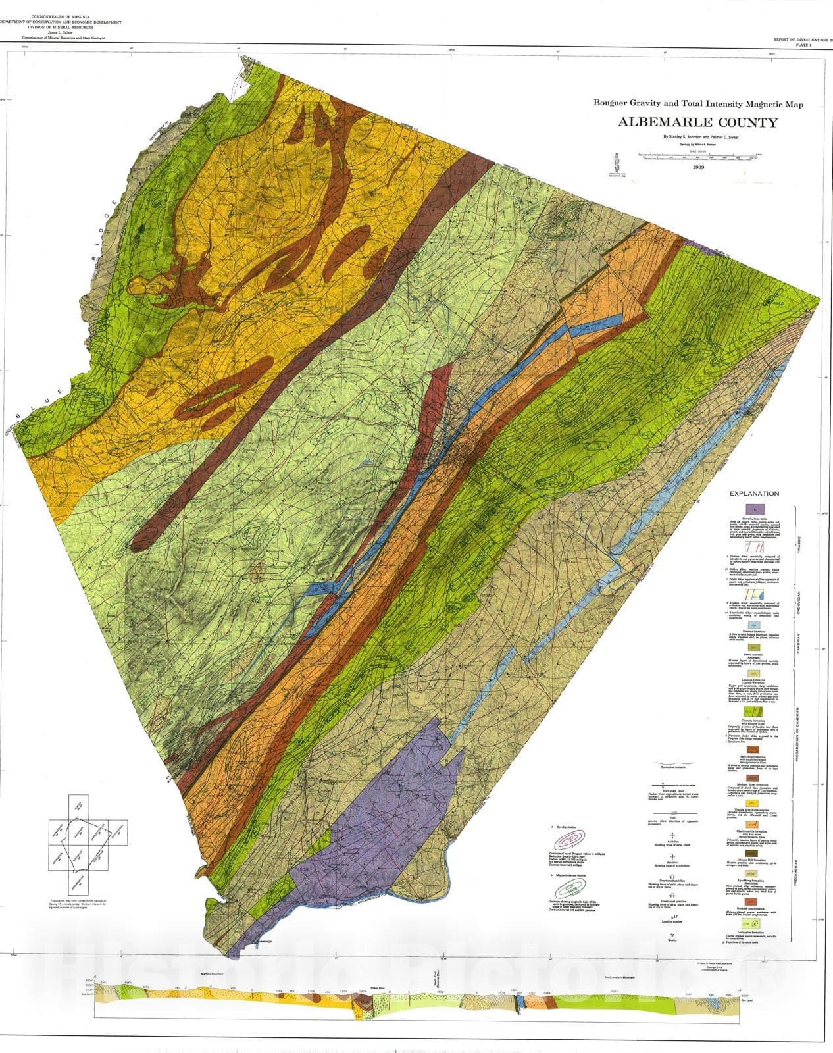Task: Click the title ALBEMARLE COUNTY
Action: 697,122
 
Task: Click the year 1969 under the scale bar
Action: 699,168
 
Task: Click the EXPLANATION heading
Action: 753,494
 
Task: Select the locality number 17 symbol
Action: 672,916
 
